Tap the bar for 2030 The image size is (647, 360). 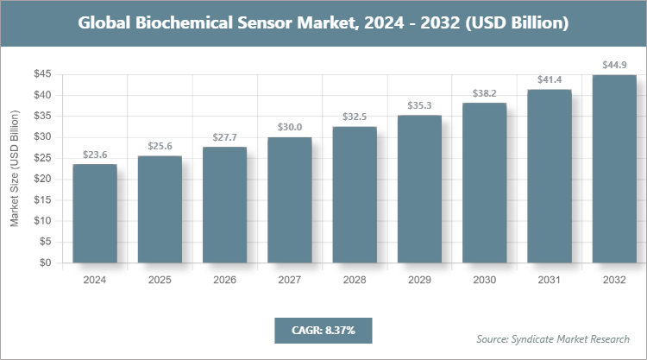tap(484, 183)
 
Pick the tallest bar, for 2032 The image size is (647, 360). tap(613, 169)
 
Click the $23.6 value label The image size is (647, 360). tap(94, 155)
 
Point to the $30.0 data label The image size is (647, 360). tap(289, 128)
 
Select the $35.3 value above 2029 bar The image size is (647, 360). tap(419, 106)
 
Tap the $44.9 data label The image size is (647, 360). tap(613, 66)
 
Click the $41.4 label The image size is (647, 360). tap(549, 80)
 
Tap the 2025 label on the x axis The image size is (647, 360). tap(159, 280)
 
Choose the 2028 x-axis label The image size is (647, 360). tap(354, 280)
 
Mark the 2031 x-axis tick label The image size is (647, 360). tap(549, 280)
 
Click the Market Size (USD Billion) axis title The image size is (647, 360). tap(15, 169)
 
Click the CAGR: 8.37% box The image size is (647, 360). tap(323, 331)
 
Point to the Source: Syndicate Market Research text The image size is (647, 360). tap(553, 338)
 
